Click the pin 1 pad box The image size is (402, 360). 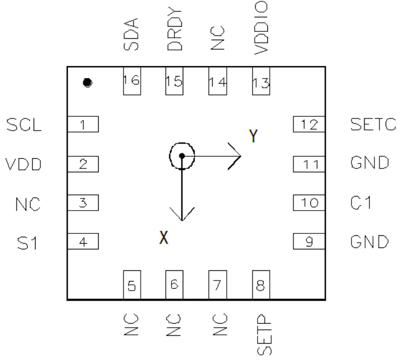[x=83, y=124]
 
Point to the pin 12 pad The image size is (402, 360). [x=309, y=124]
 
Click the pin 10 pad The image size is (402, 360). [x=309, y=203]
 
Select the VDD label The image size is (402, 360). [x=22, y=164]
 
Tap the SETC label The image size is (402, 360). [x=370, y=125]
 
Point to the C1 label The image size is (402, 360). [x=360, y=203]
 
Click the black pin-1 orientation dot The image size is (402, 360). [x=86, y=83]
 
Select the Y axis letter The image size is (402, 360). [x=253, y=136]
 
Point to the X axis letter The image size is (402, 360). [x=163, y=238]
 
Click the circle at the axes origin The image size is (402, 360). [x=182, y=156]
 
